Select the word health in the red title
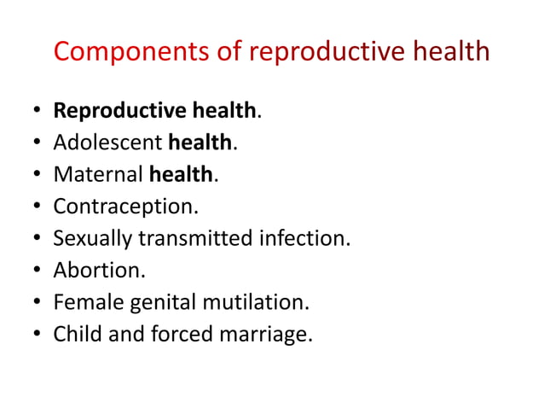451,51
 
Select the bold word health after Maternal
180,174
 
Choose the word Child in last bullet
76,334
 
